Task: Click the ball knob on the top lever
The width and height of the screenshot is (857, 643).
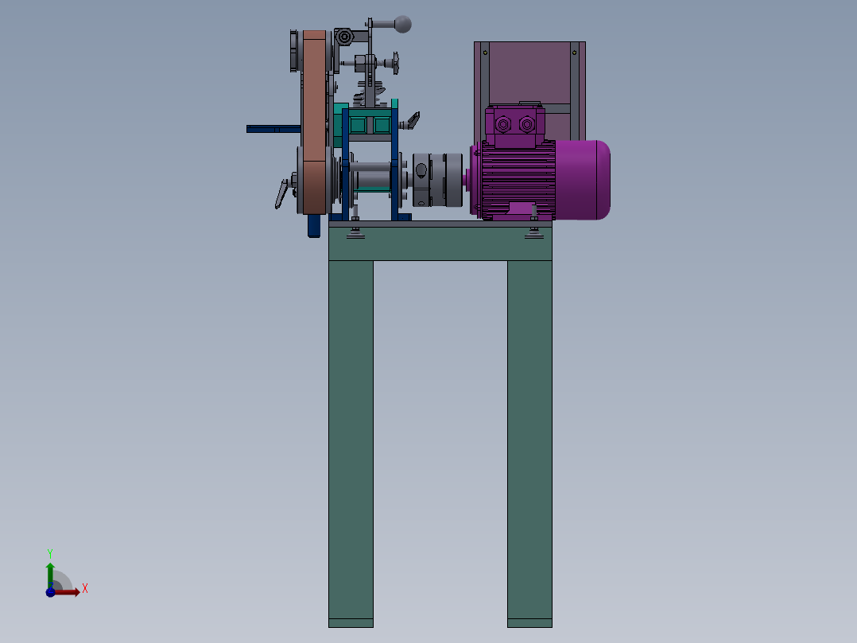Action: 403,24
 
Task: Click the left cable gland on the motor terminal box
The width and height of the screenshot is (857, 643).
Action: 502,125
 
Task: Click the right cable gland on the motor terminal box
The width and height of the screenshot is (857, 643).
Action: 527,125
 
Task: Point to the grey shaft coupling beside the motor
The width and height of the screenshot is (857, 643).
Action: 438,180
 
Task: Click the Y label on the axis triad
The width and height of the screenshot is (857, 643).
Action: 50,553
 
